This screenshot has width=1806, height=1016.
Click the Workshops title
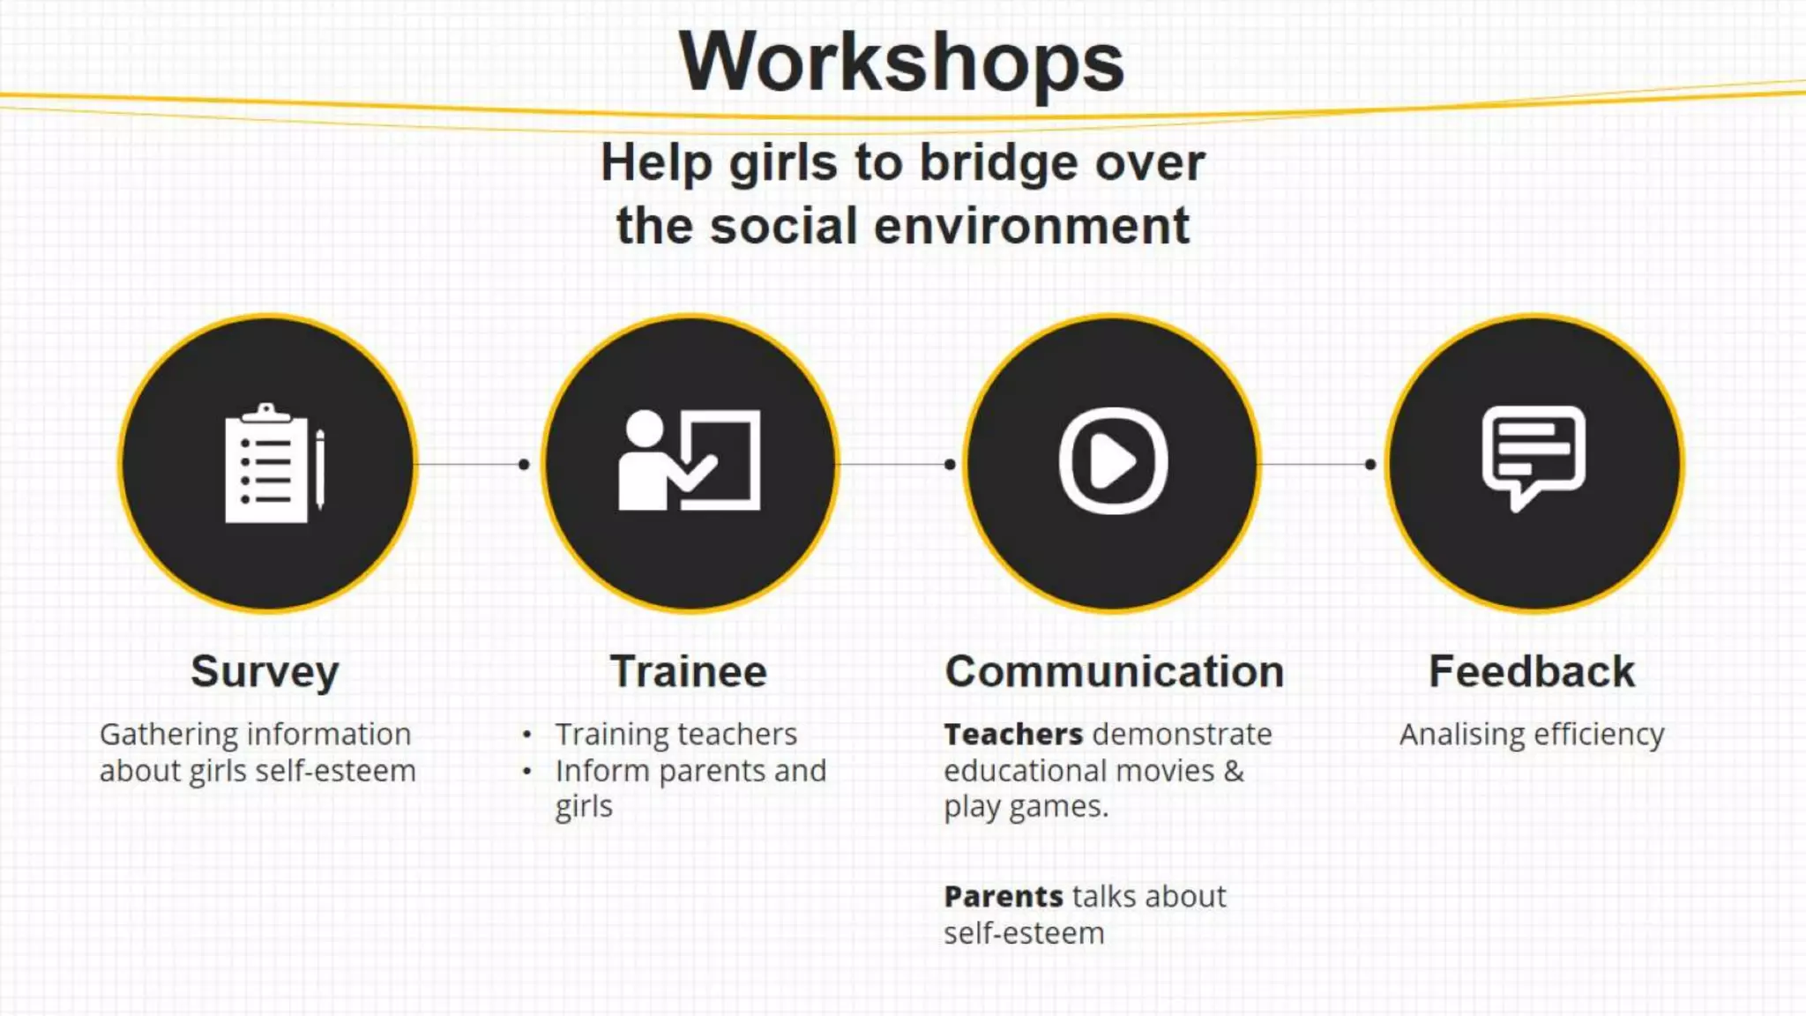tap(901, 62)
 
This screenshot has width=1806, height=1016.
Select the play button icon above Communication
tap(1113, 460)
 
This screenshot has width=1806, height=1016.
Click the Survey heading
tap(265, 672)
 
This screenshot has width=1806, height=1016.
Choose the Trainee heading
tap(689, 672)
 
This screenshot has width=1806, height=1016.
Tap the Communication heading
tap(1115, 672)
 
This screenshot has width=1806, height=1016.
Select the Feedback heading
tap(1532, 672)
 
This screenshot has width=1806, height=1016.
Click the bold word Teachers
tap(1013, 735)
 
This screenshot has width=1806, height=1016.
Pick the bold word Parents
tap(1004, 897)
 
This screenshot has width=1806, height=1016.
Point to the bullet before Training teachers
tap(526, 735)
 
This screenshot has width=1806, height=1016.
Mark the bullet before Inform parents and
tap(526, 772)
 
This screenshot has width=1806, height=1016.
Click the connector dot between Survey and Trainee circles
tap(524, 464)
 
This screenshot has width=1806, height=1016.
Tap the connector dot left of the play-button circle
tap(950, 464)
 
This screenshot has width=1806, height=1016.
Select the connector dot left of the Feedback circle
tap(1370, 464)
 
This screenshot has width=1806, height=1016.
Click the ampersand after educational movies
tap(1235, 772)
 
